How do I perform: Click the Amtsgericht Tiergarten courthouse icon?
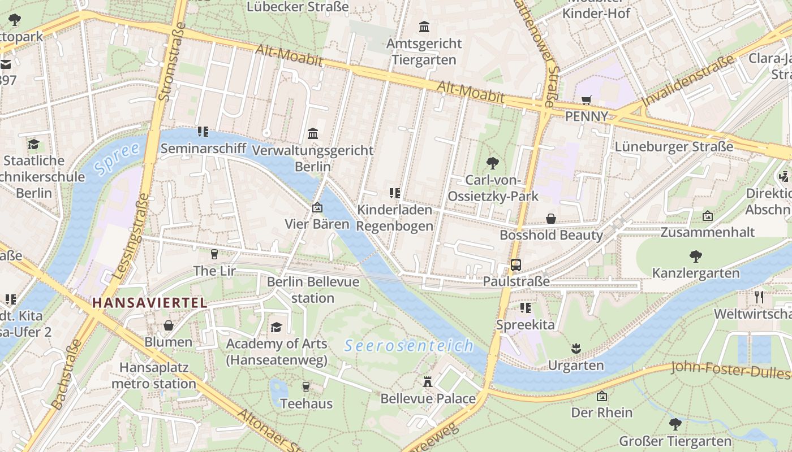pos(424,27)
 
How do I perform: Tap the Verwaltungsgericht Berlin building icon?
pos(312,134)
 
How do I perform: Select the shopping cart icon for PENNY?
pos(587,100)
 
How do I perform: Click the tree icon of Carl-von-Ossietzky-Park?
pos(493,164)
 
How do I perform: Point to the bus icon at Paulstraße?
pos(515,264)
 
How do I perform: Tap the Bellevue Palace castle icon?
pos(428,382)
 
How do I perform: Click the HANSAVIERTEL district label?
pos(149,303)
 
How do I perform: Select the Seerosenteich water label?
pos(408,346)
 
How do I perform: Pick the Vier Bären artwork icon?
pos(317,207)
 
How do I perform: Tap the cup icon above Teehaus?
pos(306,387)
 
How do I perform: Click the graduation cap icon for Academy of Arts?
pos(276,327)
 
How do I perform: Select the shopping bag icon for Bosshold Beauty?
pos(550,219)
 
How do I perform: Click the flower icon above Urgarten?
pos(575,348)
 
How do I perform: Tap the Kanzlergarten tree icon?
pos(695,257)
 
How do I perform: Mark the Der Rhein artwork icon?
pos(601,396)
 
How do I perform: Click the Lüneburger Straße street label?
pos(674,147)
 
